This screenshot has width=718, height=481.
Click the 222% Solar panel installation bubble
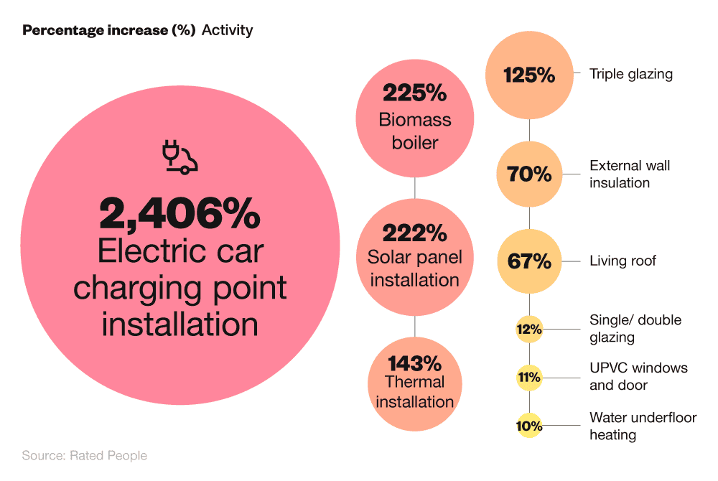pyautogui.click(x=415, y=256)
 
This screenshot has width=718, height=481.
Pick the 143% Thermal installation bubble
pyautogui.click(x=415, y=382)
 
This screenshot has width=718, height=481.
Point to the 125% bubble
pyautogui.click(x=529, y=75)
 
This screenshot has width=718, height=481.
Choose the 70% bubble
pyautogui.click(x=529, y=174)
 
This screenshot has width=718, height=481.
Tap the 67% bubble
pyautogui.click(x=529, y=261)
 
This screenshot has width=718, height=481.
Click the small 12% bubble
pyautogui.click(x=529, y=330)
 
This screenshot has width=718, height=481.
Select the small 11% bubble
pyautogui.click(x=529, y=377)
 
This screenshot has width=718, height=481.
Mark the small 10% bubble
pyautogui.click(x=529, y=426)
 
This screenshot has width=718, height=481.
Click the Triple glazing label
pyautogui.click(x=631, y=74)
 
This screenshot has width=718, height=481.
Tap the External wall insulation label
pyautogui.click(x=630, y=174)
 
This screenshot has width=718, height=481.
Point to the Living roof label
pyautogui.click(x=623, y=261)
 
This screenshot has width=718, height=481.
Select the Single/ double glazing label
pyautogui.click(x=635, y=329)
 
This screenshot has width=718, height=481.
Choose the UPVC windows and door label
pyautogui.click(x=638, y=377)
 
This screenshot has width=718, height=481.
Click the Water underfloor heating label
pyautogui.click(x=643, y=426)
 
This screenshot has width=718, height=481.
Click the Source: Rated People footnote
pyautogui.click(x=84, y=456)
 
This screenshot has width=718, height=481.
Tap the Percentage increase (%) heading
pyautogui.click(x=109, y=31)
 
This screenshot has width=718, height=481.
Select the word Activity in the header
pyautogui.click(x=227, y=31)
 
